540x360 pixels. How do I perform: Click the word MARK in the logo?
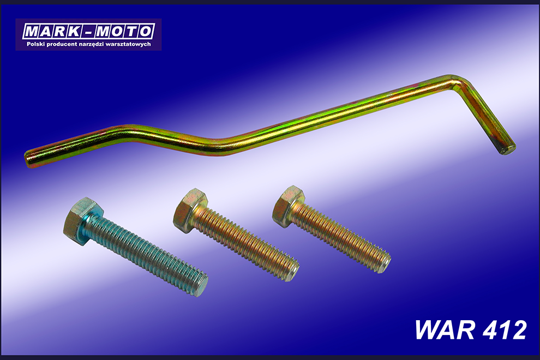53,32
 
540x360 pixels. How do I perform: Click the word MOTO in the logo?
123,32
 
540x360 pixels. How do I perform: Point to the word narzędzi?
91,44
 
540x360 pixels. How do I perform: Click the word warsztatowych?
129,44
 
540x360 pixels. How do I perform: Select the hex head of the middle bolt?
190,210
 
